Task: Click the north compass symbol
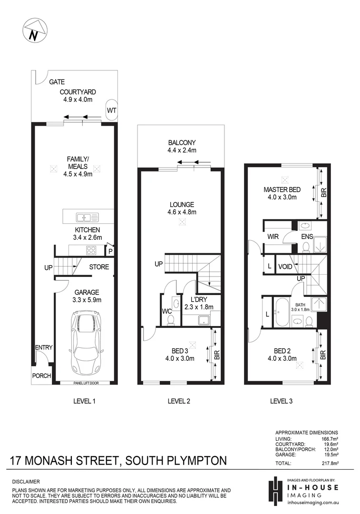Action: click(x=34, y=31)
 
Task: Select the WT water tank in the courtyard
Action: click(x=111, y=110)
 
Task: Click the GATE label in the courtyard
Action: click(x=57, y=82)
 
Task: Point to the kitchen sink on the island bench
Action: click(x=87, y=217)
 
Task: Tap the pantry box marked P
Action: click(x=110, y=251)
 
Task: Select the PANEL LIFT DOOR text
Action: click(x=86, y=382)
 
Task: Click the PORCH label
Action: click(x=41, y=376)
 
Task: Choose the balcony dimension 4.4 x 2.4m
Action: click(x=182, y=150)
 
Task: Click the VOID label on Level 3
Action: click(x=285, y=267)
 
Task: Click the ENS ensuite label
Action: click(x=306, y=236)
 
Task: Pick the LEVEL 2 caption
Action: click(x=179, y=401)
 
